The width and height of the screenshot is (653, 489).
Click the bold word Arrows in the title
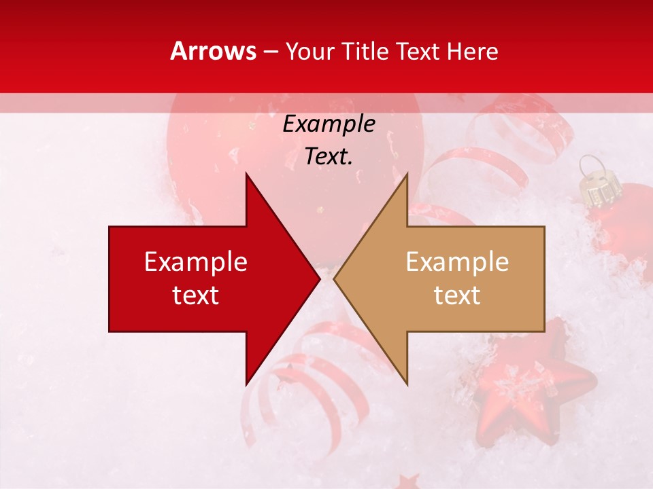pos(213,51)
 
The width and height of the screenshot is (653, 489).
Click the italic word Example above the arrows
pos(329,124)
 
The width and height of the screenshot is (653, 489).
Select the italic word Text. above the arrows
pos(329,157)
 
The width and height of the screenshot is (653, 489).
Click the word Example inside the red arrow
pos(196,262)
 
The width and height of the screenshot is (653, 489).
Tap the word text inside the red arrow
pos(196,295)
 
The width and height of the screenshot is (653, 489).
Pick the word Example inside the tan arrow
pos(457,262)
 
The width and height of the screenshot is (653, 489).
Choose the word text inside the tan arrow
pos(457,295)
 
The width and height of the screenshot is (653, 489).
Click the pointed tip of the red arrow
pos(319,278)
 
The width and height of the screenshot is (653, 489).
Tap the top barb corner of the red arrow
pos(246,174)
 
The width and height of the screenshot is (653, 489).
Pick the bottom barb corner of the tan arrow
pos(407,384)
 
